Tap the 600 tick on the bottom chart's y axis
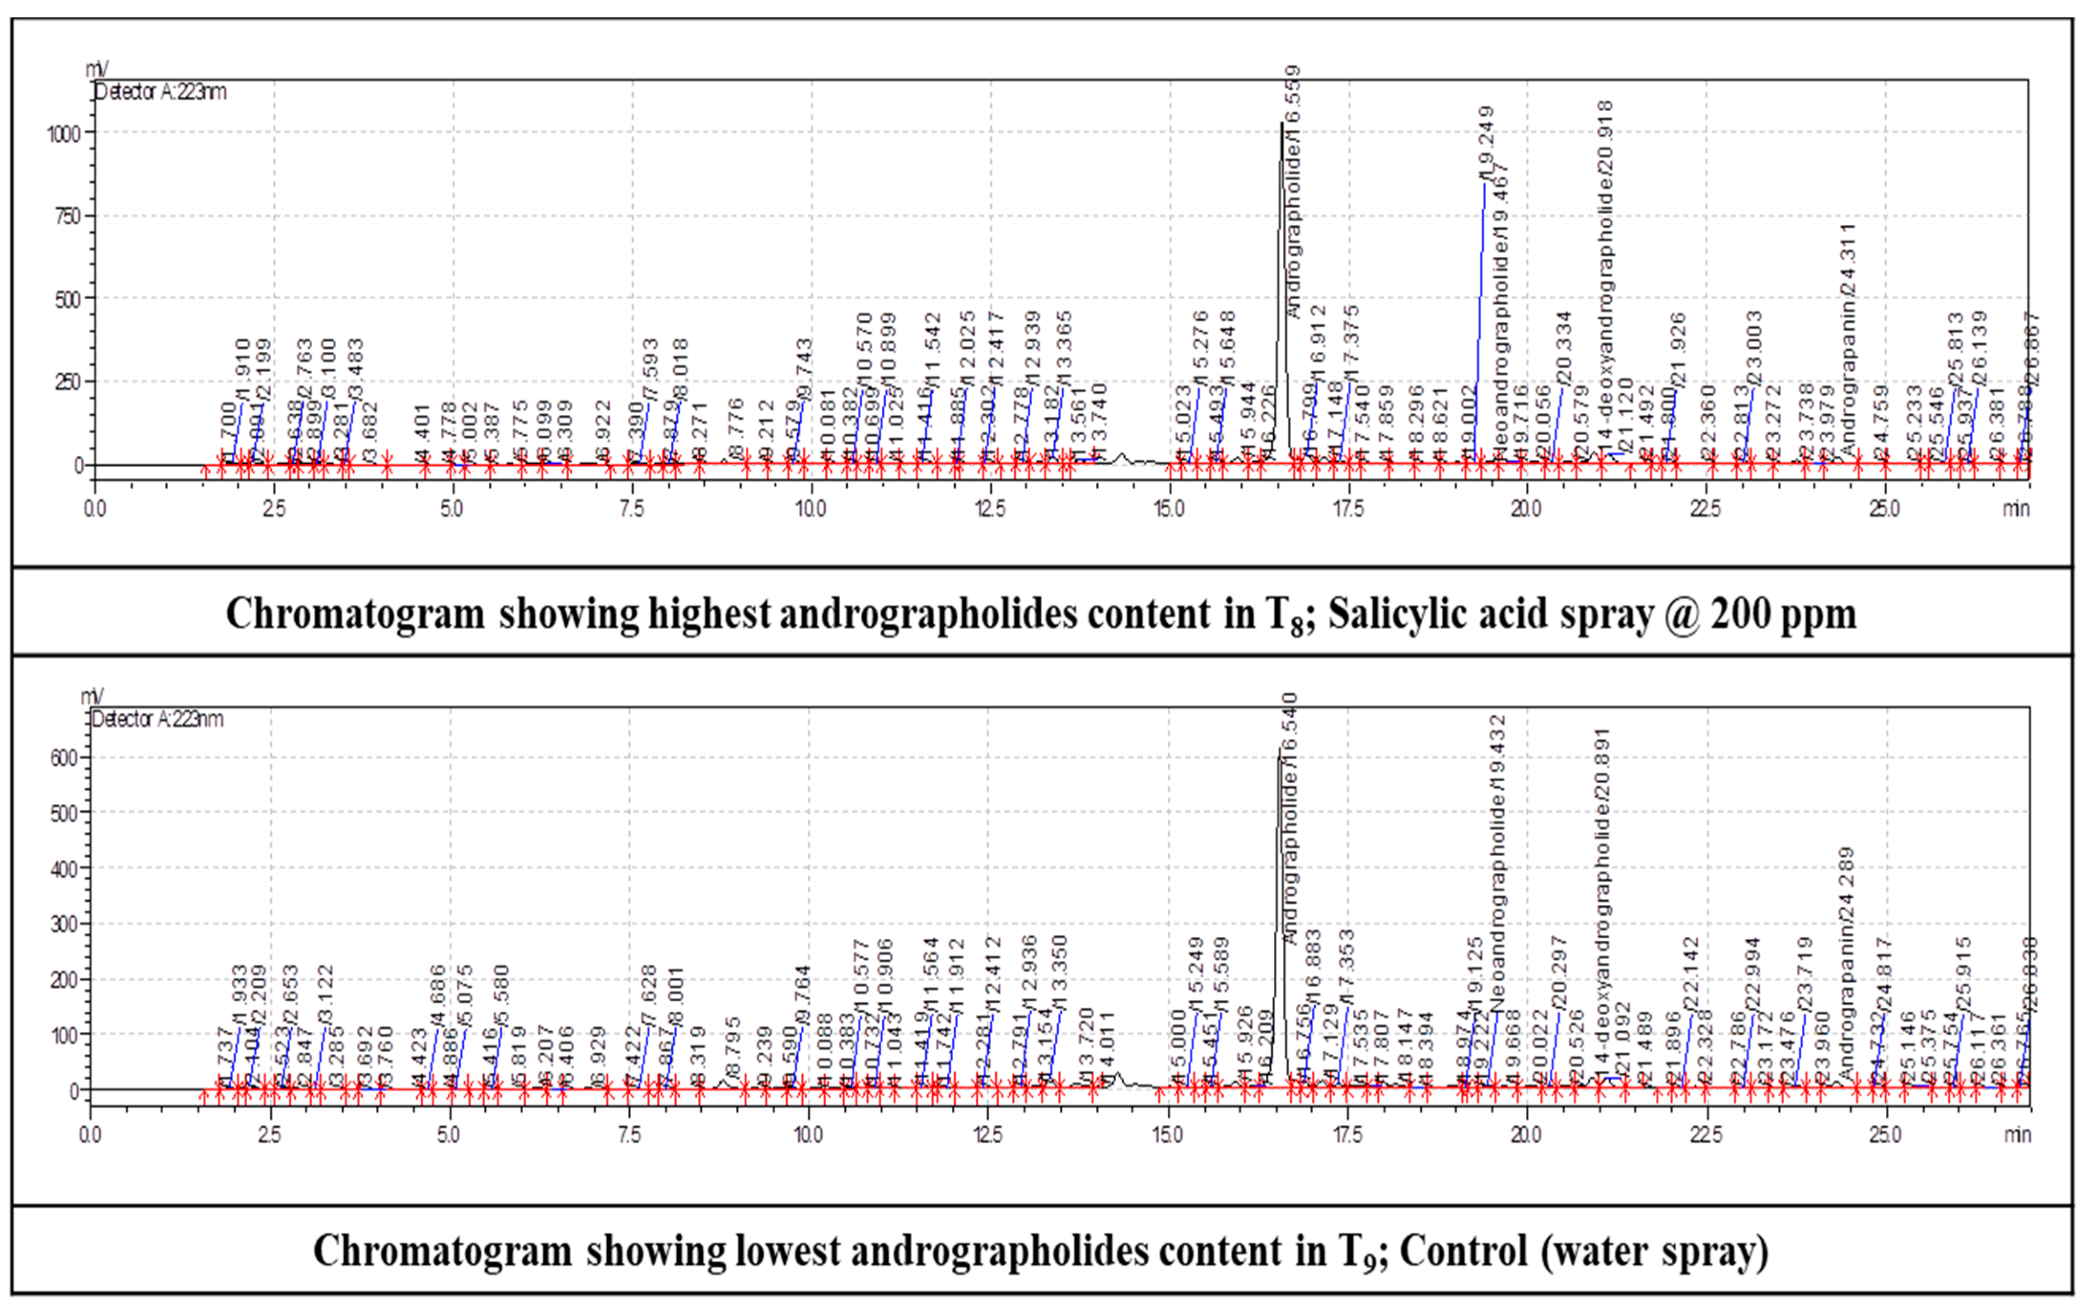pyautogui.click(x=65, y=757)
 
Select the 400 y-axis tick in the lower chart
pyautogui.click(x=65, y=868)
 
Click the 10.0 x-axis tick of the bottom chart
pyautogui.click(x=808, y=1134)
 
